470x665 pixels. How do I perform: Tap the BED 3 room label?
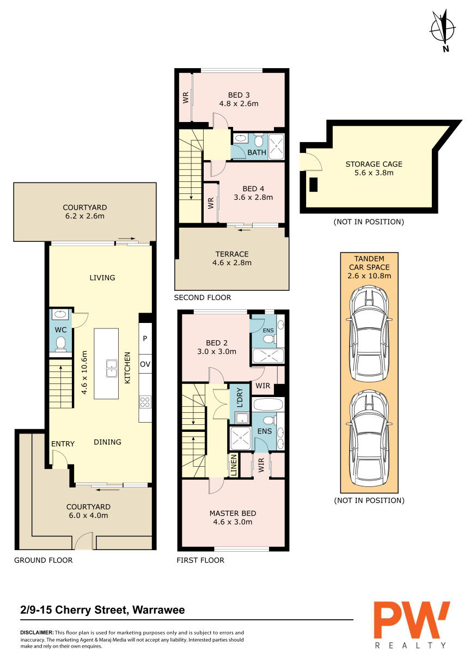[239, 95]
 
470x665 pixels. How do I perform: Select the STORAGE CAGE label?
[374, 164]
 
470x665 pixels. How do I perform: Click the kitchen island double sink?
[111, 368]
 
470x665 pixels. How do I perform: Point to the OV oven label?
[145, 364]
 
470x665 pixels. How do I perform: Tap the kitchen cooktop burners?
[145, 402]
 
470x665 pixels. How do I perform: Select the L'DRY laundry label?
[240, 397]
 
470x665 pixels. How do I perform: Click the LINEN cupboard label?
[234, 465]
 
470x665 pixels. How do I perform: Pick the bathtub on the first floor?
[268, 404]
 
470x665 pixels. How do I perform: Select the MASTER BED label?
[233, 513]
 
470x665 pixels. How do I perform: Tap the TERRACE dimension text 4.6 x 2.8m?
[232, 263]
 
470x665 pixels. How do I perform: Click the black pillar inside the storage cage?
[314, 185]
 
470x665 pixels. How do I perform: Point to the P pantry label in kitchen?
[145, 338]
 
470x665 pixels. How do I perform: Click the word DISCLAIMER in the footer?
[37, 633]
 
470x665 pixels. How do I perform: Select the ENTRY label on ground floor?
[63, 444]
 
